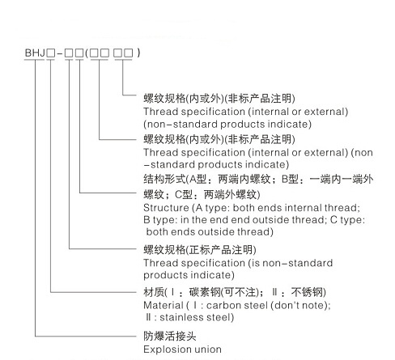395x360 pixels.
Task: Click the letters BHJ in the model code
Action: (x=35, y=53)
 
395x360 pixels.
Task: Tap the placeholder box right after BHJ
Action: (x=50, y=53)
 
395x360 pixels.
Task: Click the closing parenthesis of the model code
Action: (x=138, y=53)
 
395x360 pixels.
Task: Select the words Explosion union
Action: (x=182, y=349)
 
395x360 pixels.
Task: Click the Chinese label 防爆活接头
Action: (x=170, y=336)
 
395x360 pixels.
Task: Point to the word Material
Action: (x=164, y=305)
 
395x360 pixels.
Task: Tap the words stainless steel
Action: (x=196, y=317)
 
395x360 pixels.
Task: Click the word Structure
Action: (x=166, y=208)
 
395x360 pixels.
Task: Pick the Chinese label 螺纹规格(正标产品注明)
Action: (x=200, y=250)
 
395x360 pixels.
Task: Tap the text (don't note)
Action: (x=300, y=305)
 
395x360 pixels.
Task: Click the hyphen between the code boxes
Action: (x=60, y=53)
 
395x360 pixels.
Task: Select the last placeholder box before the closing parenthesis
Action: (x=129, y=53)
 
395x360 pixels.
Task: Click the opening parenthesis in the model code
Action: (x=87, y=53)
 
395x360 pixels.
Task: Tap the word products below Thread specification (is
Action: (x=164, y=275)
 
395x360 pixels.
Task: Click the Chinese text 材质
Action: (x=154, y=292)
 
